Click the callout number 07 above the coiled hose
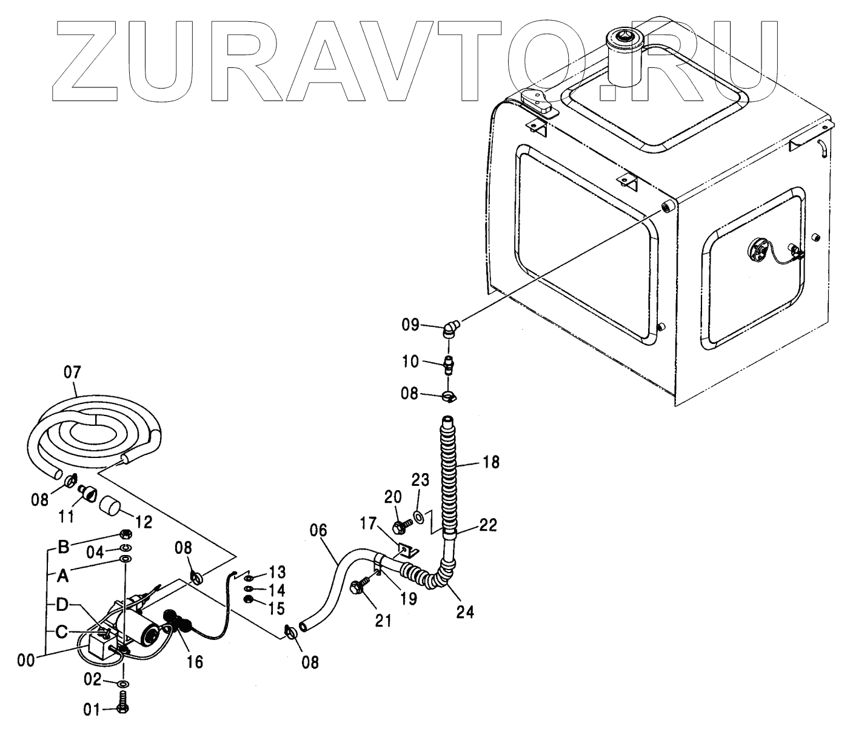[x=72, y=372]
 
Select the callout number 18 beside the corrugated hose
[x=491, y=462]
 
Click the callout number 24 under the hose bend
[x=465, y=612]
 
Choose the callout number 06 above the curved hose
[x=318, y=531]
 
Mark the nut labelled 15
[x=248, y=600]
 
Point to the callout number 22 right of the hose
[x=488, y=525]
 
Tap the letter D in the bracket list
[x=62, y=604]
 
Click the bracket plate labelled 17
[x=407, y=551]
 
